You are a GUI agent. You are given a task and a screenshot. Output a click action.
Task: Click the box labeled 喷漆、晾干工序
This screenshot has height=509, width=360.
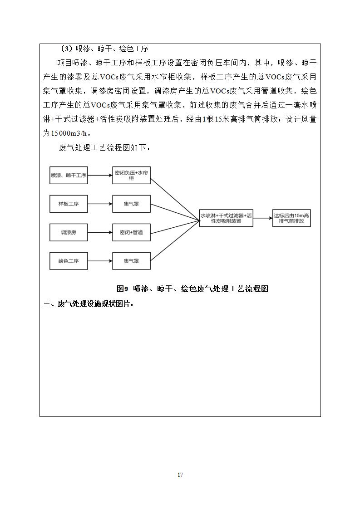(x=69, y=176)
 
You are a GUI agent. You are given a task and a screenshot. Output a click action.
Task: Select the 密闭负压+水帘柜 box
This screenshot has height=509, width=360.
(x=131, y=176)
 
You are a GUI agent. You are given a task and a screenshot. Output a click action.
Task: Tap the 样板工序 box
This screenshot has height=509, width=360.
(x=69, y=204)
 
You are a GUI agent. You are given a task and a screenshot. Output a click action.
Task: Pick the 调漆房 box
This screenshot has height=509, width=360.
(x=69, y=232)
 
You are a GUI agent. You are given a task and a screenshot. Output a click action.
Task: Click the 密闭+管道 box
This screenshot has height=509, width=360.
(x=131, y=232)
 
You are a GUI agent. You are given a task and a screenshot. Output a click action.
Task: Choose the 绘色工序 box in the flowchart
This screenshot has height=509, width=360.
(x=69, y=261)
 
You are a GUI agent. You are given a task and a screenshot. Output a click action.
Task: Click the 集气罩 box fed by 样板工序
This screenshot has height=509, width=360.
(x=131, y=204)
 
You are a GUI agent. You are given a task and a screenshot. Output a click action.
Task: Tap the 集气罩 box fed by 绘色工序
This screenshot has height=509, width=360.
(x=131, y=261)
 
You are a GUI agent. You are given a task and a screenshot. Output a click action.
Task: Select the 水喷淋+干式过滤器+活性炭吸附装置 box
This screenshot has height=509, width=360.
(x=227, y=218)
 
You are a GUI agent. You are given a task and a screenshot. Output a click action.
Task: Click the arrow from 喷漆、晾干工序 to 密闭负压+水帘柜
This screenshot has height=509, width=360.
(x=100, y=176)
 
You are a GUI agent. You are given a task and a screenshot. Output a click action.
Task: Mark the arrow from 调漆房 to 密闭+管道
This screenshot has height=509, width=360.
(x=100, y=232)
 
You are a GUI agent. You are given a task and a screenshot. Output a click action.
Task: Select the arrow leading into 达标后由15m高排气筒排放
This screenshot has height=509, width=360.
(x=263, y=218)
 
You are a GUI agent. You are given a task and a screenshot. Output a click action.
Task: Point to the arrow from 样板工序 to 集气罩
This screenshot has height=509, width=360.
(x=100, y=204)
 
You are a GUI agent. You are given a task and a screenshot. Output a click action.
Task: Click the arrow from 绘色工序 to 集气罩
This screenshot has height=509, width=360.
(x=100, y=261)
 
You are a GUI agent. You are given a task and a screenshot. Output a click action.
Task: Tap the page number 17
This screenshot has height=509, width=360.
(x=180, y=475)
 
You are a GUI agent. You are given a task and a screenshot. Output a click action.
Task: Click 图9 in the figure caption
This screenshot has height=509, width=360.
(x=123, y=289)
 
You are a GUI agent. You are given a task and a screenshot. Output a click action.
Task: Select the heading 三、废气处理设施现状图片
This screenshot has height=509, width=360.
(x=89, y=304)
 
